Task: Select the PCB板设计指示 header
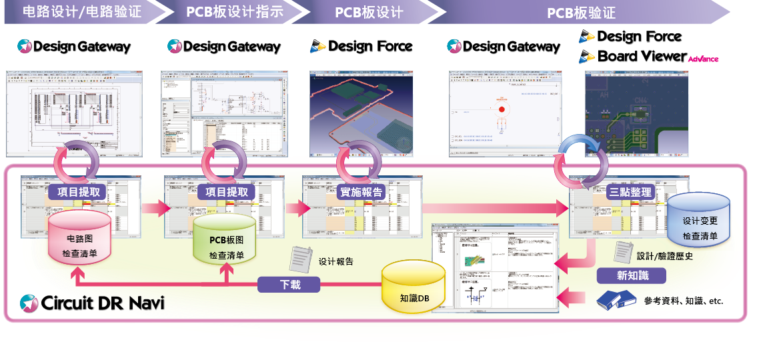pos(234,12)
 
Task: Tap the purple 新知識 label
pos(632,275)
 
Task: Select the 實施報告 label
pos(362,191)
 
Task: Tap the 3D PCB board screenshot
pos(361,109)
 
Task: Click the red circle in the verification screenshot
pos(501,109)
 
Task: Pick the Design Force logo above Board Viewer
pos(630,37)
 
